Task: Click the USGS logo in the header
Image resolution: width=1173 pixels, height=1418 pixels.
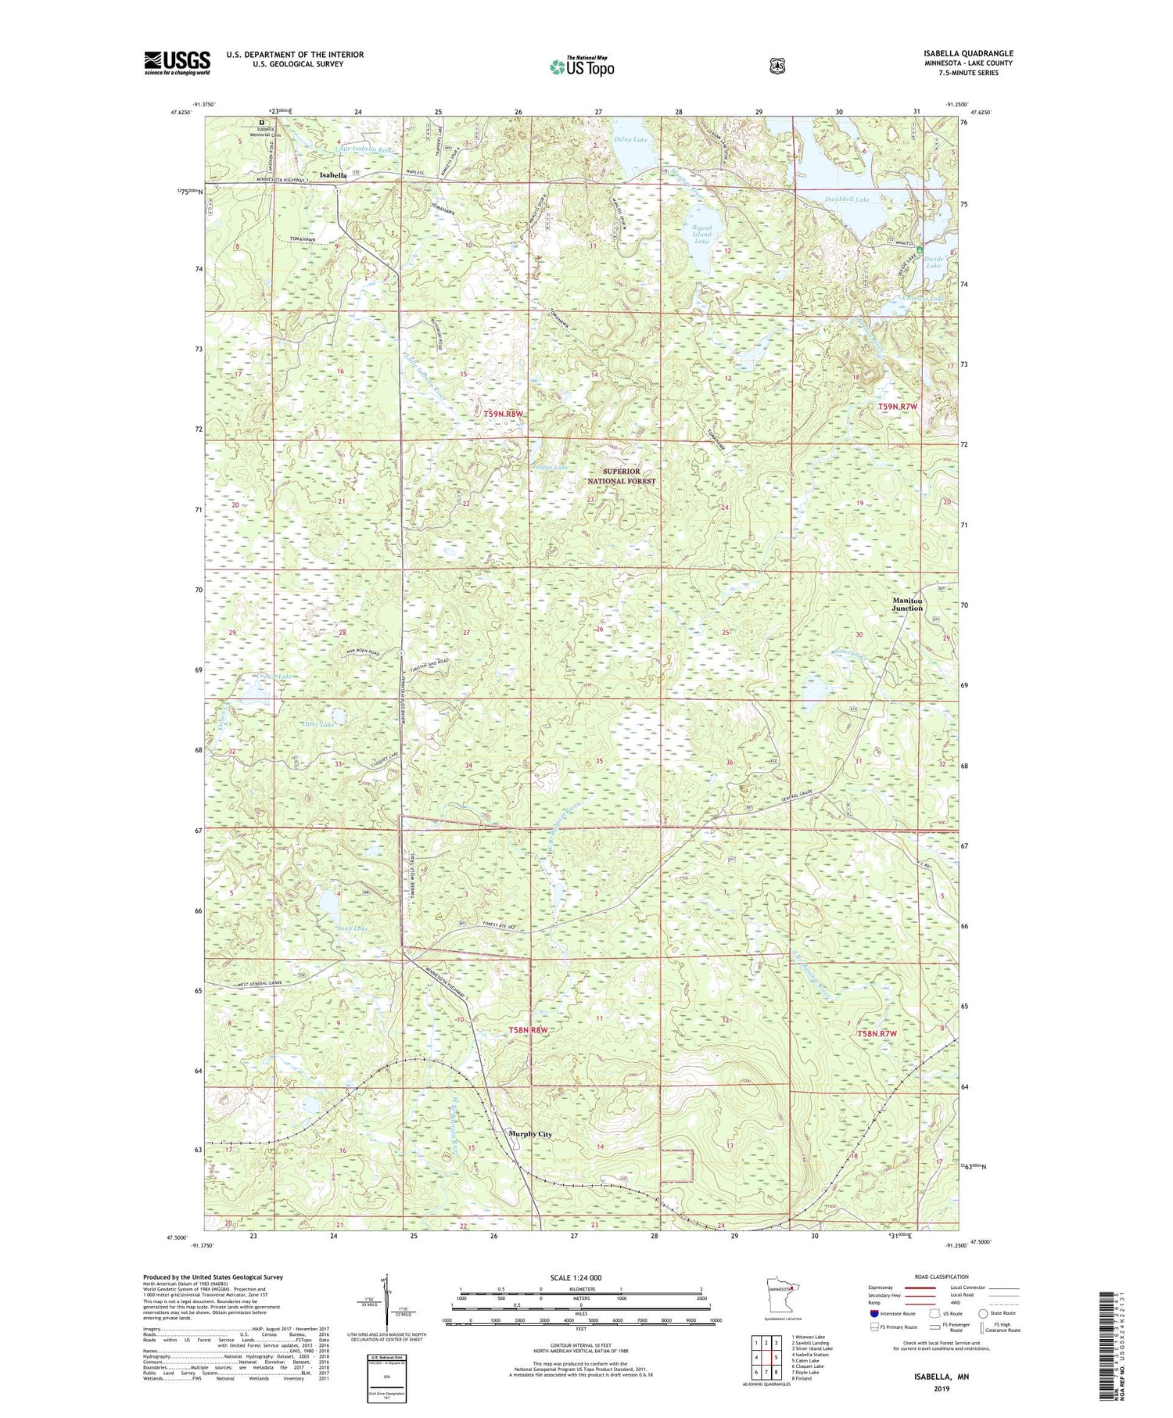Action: pos(177,63)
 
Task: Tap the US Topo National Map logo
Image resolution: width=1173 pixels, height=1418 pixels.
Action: pos(582,66)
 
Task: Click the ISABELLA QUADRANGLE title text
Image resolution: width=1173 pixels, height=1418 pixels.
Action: pos(967,54)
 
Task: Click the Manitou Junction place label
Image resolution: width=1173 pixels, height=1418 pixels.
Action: pos(907,605)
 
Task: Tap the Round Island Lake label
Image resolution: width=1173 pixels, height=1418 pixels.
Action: pos(701,235)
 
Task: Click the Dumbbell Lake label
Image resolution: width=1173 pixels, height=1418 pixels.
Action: pos(847,199)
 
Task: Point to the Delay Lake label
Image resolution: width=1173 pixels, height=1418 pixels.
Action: pos(630,139)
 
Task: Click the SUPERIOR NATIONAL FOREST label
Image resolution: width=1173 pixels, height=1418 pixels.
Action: pos(622,476)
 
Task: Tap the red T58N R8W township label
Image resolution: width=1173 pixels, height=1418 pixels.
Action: pos(526,1030)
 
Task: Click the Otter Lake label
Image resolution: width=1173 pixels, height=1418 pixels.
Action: pos(318,725)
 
